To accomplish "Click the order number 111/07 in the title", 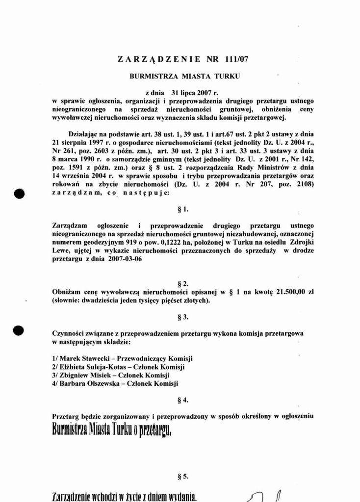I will point(236,59).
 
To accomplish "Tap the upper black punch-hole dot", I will point(19,193).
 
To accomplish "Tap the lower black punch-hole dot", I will point(19,330).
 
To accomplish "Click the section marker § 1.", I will point(183,210).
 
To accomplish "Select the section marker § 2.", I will point(183,283).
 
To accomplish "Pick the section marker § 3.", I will point(183,317).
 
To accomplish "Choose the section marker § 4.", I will point(183,400).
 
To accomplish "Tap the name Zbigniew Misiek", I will point(81,375).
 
